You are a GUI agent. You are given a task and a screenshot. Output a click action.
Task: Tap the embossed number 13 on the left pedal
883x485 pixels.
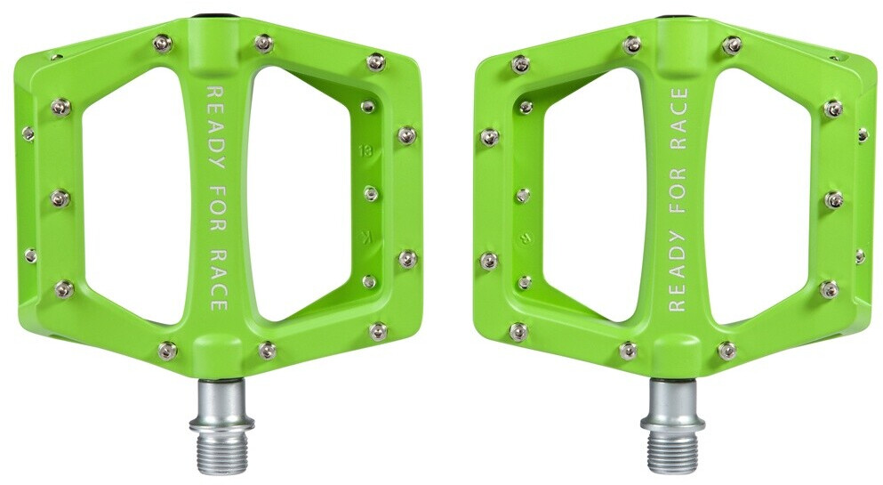pos(364,150)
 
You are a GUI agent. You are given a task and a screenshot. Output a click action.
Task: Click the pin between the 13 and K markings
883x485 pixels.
pos(371,193)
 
